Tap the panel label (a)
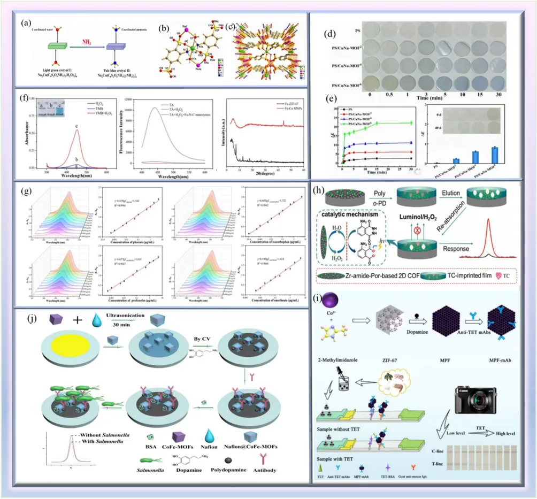25,24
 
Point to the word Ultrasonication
124,323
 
